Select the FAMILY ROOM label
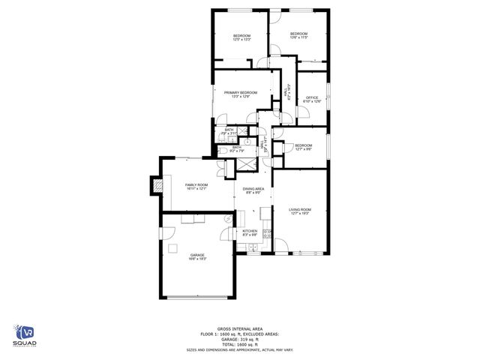point(196,186)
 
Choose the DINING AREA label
point(253,190)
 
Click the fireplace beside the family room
point(156,185)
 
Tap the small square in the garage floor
point(172,248)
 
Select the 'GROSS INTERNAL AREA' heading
point(239,328)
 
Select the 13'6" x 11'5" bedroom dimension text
point(299,37)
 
